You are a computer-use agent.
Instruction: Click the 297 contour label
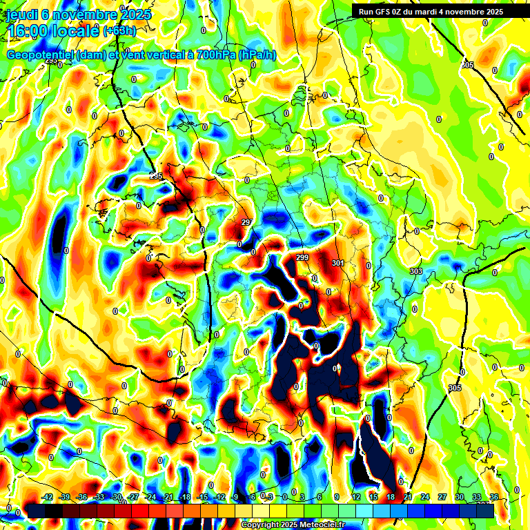(x=247, y=222)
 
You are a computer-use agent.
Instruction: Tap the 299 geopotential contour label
(x=302, y=257)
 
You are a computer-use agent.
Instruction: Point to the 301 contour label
(x=337, y=263)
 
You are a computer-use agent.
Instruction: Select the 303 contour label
(x=415, y=271)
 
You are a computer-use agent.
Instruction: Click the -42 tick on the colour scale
(x=48, y=497)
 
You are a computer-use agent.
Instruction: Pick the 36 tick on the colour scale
(x=493, y=497)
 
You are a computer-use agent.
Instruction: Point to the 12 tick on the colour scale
(x=355, y=497)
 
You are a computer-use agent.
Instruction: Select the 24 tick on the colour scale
(x=424, y=497)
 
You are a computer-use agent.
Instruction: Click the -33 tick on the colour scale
(x=99, y=497)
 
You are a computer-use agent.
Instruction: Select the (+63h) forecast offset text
(x=119, y=31)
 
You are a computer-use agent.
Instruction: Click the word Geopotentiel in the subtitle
(x=41, y=55)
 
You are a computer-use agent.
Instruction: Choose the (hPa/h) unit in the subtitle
(x=257, y=55)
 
